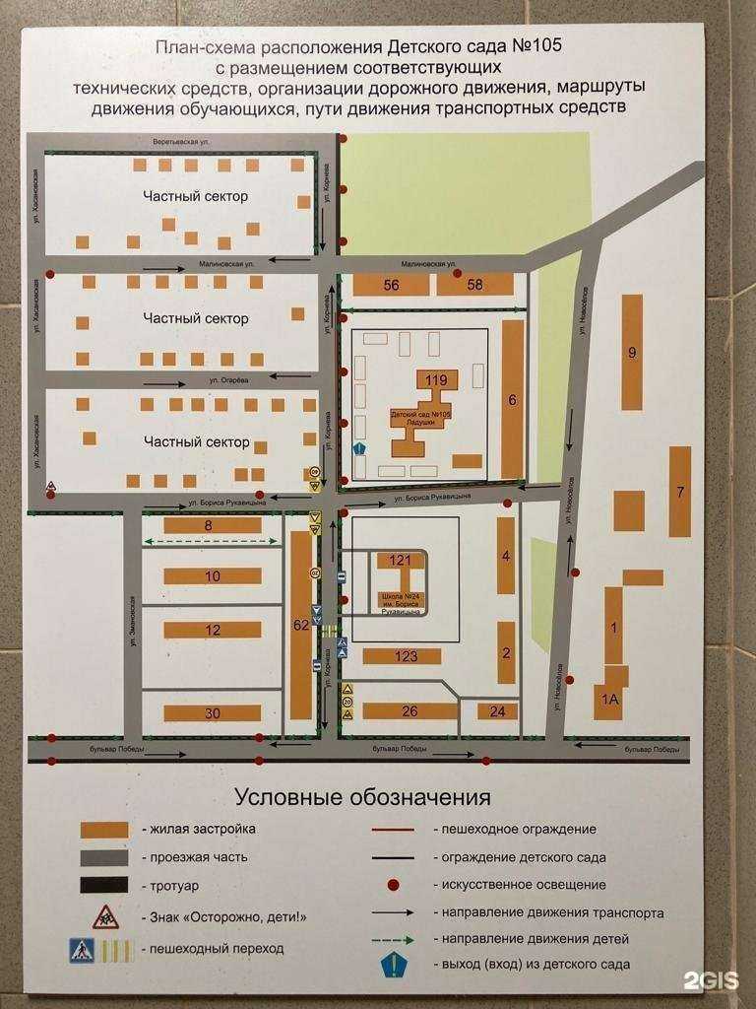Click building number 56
(x=392, y=285)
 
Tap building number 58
(x=475, y=285)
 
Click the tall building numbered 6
(x=512, y=398)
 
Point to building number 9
(x=632, y=352)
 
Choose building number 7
(x=679, y=491)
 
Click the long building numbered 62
(x=299, y=623)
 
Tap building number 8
(x=212, y=525)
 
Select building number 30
(x=212, y=712)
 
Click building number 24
(x=497, y=711)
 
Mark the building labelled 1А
(x=609, y=700)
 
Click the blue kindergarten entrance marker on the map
(x=359, y=450)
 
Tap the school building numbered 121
(x=400, y=561)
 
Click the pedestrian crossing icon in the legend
(x=82, y=950)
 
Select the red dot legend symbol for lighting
(x=393, y=885)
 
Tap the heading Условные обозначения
(x=361, y=796)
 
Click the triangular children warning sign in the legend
(x=105, y=916)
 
